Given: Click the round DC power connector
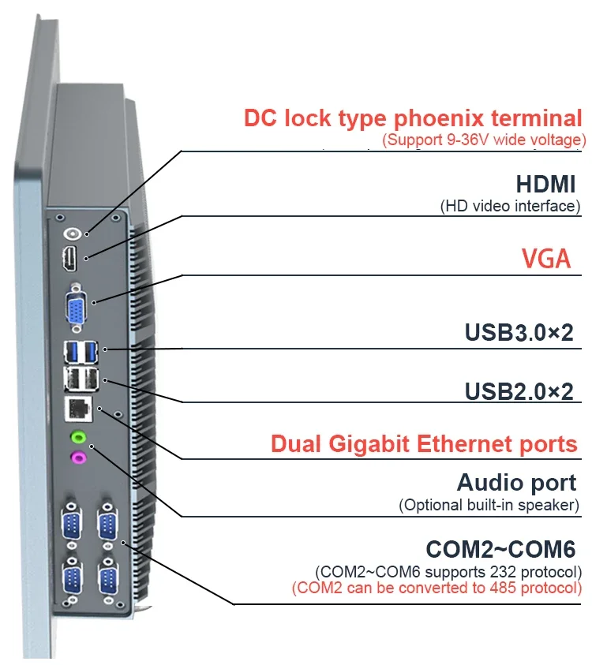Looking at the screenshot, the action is click(72, 233).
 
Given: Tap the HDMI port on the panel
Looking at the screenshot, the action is click(70, 259).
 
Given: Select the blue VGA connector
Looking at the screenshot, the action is click(77, 308).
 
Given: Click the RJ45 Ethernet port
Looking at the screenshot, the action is click(78, 409).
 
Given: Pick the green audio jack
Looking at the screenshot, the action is click(78, 436).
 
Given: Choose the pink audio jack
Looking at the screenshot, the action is click(78, 458).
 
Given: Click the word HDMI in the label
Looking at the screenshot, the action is click(545, 184).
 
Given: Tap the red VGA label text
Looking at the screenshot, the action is click(546, 258).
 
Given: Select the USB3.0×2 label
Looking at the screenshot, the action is click(519, 332).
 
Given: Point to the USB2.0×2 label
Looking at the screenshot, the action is click(519, 391).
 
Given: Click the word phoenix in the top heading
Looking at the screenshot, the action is click(439, 118).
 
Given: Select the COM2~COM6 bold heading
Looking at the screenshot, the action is click(500, 549).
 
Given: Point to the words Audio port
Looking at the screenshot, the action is click(516, 483).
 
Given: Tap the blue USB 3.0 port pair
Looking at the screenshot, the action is click(81, 353).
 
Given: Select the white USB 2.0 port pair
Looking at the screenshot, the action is click(81, 379).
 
